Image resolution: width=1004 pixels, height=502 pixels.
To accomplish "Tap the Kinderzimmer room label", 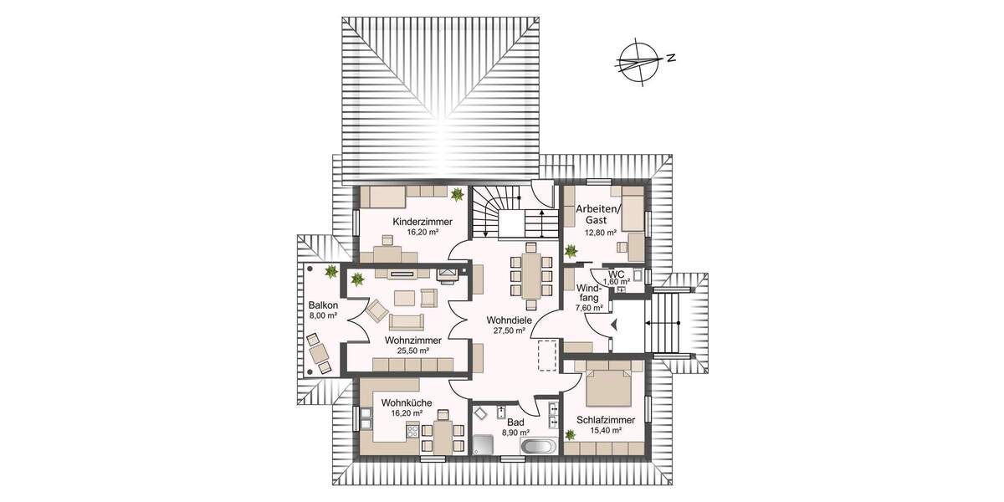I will (x=423, y=227).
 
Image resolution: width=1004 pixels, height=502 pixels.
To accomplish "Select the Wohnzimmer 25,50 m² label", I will (x=407, y=346).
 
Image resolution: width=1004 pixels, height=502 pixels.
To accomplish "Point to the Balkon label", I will (x=322, y=310).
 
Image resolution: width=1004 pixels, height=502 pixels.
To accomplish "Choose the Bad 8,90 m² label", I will (x=515, y=428).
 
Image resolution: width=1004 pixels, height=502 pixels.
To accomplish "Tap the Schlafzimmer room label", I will (x=605, y=424).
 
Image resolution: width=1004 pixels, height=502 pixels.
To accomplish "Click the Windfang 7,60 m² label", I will (x=590, y=296).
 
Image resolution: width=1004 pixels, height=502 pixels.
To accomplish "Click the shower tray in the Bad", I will (x=486, y=445).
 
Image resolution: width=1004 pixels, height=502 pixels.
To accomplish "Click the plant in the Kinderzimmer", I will (x=458, y=195).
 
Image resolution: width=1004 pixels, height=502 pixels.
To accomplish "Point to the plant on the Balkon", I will (x=331, y=270).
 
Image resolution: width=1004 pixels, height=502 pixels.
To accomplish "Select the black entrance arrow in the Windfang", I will (x=614, y=325).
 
